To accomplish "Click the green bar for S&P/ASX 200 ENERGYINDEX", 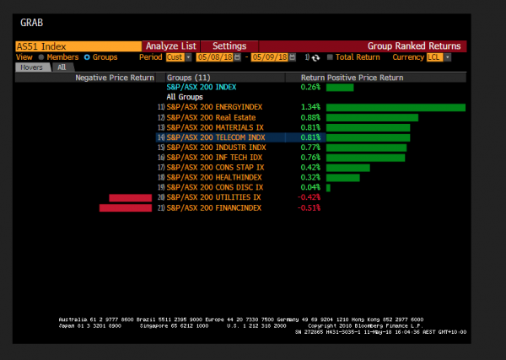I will point(396,107).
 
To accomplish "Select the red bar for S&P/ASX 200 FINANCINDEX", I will point(125,207).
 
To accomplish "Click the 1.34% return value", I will point(310,107).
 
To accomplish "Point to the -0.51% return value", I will point(310,207).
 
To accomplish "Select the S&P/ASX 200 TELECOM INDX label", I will point(216,137).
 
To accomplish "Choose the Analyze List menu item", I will point(170,46).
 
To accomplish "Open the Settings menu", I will point(229,46).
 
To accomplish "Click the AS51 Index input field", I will point(76,46).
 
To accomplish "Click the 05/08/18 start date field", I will point(213,57).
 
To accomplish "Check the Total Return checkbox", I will point(331,57).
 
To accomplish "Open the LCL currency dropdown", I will point(439,57).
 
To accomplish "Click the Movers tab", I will point(31,67).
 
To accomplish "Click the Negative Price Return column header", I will point(115,77).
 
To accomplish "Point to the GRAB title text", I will point(30,24).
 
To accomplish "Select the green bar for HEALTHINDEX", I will point(342,177).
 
